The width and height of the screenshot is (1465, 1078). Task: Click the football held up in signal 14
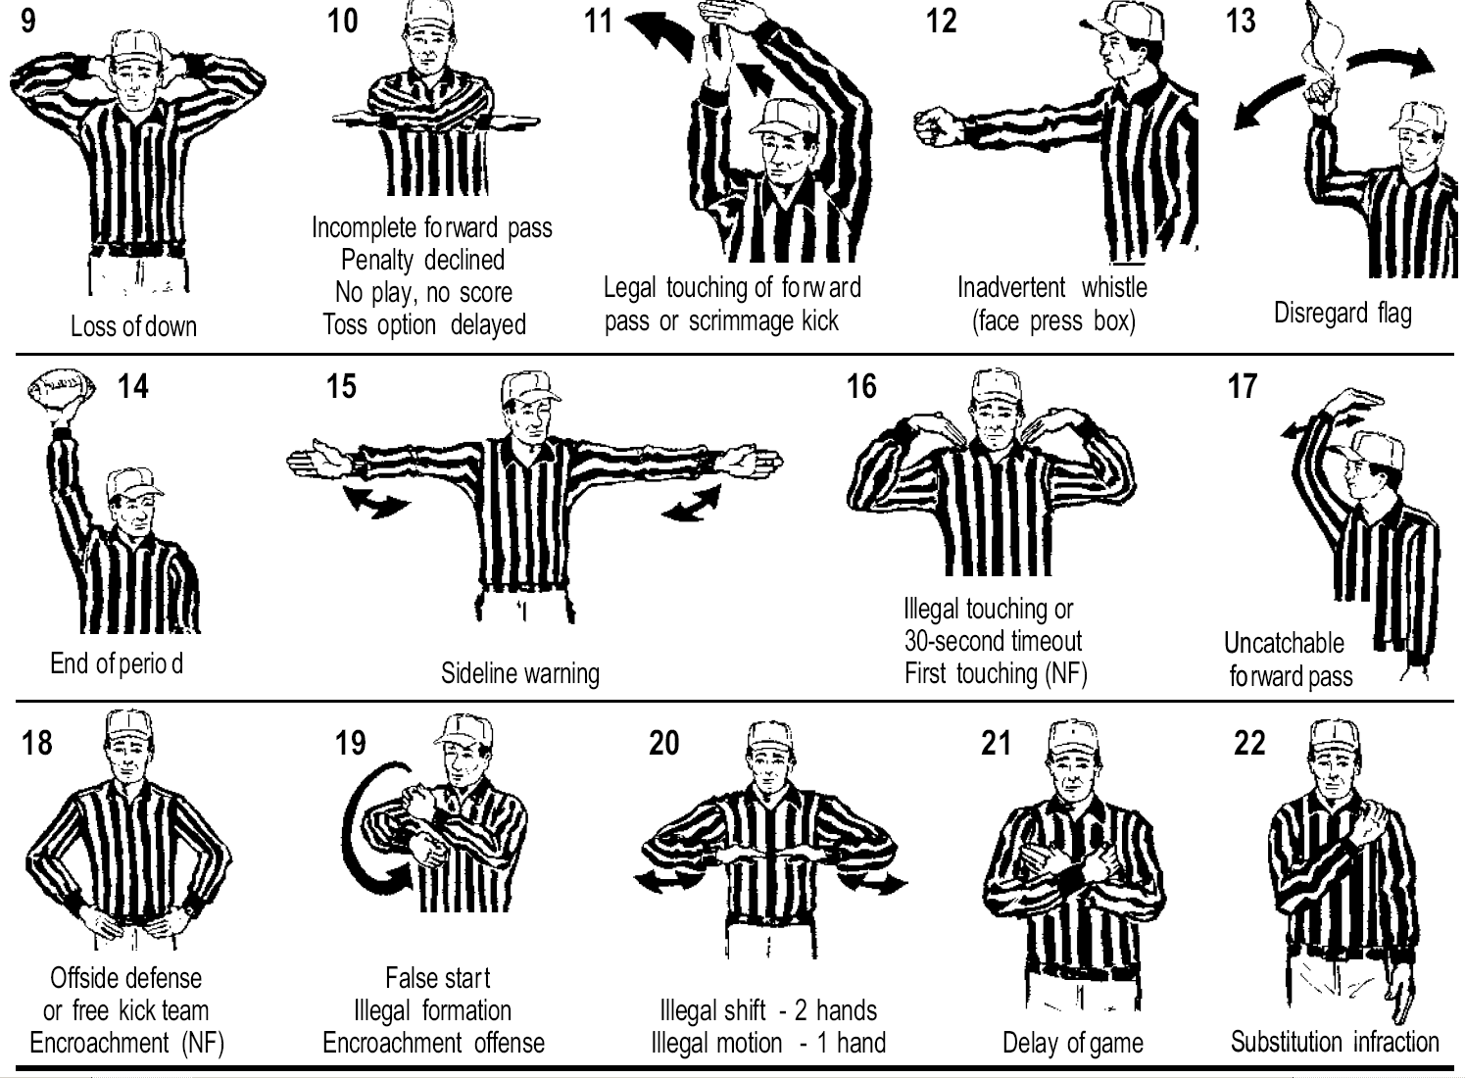61,390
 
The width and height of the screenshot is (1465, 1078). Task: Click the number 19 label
351,743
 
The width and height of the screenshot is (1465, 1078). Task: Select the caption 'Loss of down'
133,325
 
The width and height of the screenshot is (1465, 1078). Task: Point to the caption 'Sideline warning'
520,673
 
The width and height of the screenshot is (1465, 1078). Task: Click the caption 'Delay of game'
1073,1043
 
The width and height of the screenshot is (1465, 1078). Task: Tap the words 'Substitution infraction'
1335,1042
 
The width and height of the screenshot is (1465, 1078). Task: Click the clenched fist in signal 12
935,126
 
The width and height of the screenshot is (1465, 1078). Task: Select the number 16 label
861,386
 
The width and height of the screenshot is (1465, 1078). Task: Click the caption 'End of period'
117,663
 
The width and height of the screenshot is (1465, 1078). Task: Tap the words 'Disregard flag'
1343,314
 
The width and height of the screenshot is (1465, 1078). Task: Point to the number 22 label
1249,743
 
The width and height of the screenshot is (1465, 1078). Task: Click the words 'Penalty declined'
422,260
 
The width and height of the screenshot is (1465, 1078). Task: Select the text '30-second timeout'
993,641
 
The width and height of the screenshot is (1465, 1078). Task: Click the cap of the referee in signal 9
136,48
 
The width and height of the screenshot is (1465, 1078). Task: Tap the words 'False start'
437,978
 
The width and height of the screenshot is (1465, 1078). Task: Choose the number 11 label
598,21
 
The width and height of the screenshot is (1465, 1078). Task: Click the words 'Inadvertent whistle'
1052,287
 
